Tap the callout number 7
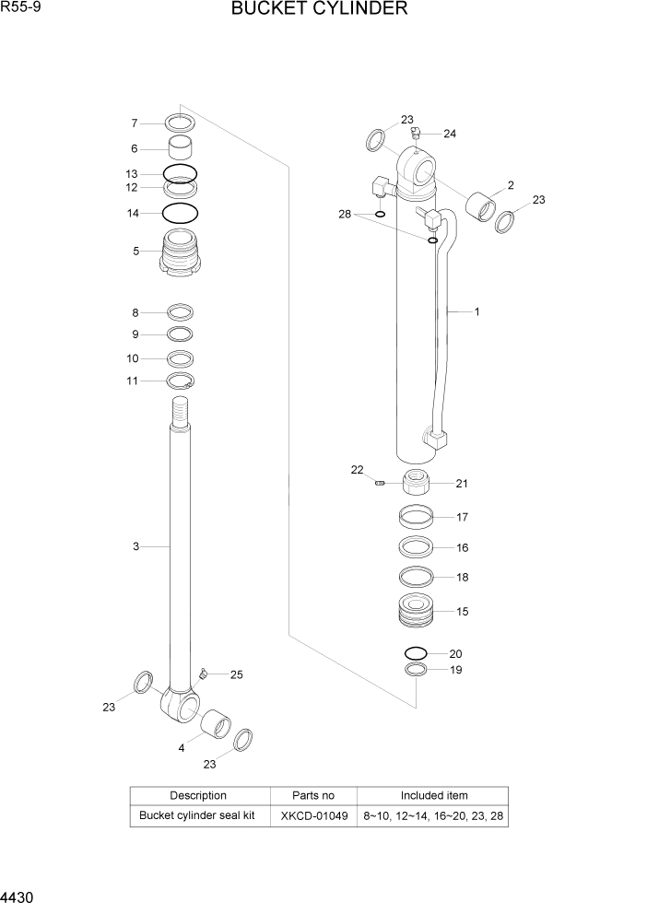tap(134, 123)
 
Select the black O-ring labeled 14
tap(181, 214)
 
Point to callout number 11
tap(132, 381)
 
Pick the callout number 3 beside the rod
tap(135, 547)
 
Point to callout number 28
tap(345, 214)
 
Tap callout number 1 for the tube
tap(476, 311)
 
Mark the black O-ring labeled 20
tap(416, 653)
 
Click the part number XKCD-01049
tap(312, 816)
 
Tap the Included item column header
tap(433, 795)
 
